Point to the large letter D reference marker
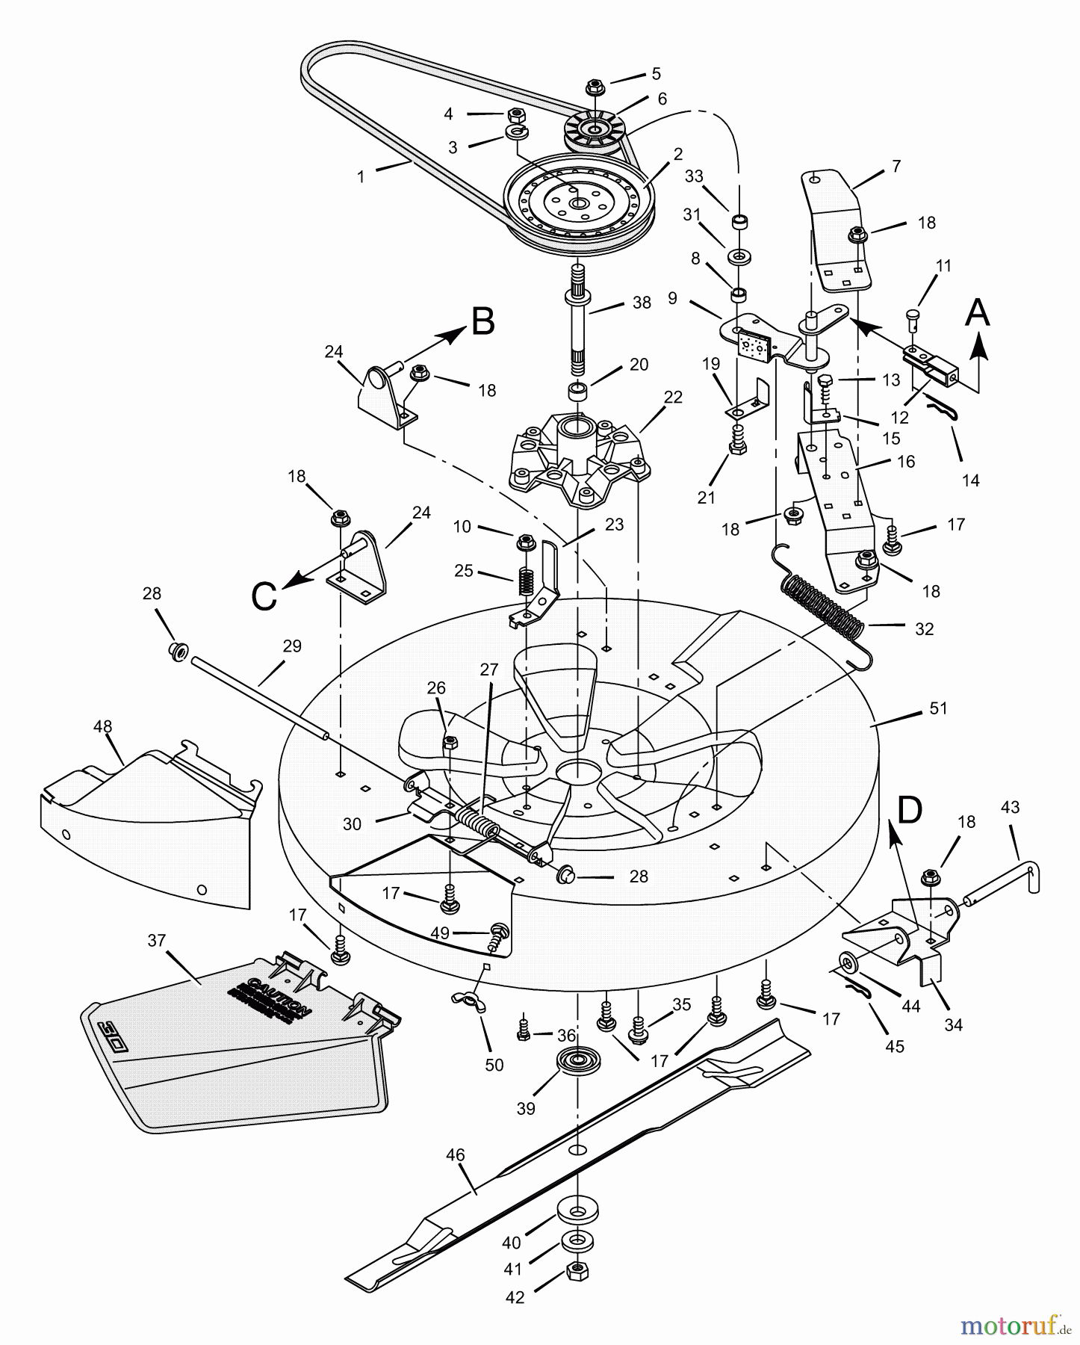point(910,810)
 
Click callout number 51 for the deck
point(938,708)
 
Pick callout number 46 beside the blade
point(455,1155)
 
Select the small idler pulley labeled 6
point(595,131)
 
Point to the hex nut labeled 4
point(514,116)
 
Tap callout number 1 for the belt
point(361,177)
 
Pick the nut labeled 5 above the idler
point(595,87)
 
